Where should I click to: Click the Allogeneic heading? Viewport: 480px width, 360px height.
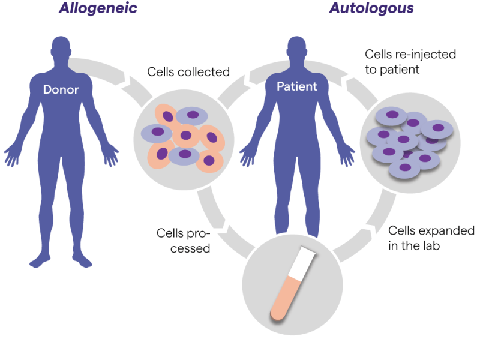point(98,8)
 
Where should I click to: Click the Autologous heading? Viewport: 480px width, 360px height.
point(371,8)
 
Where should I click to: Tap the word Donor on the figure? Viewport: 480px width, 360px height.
point(61,89)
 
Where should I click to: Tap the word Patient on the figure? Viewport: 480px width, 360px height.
point(296,86)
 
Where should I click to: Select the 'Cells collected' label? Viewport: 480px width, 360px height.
point(188,72)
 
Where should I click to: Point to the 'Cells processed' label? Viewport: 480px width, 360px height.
point(184,241)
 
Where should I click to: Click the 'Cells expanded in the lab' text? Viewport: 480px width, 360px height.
point(431,238)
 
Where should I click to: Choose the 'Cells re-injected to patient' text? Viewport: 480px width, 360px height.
point(410,62)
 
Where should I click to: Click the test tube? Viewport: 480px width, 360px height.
point(293,283)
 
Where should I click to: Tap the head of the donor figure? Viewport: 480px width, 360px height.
point(61,47)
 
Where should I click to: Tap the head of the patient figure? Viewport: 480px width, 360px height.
point(296,47)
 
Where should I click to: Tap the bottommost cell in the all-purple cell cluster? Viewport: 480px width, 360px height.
point(404,168)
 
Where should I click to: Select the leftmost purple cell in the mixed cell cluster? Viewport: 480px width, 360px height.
point(157,133)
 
